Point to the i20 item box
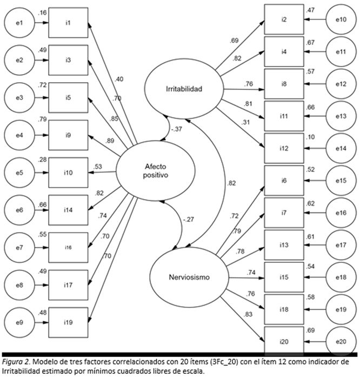point(283,342)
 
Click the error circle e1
point(20,23)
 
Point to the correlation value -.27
point(189,219)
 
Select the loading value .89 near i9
point(110,141)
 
